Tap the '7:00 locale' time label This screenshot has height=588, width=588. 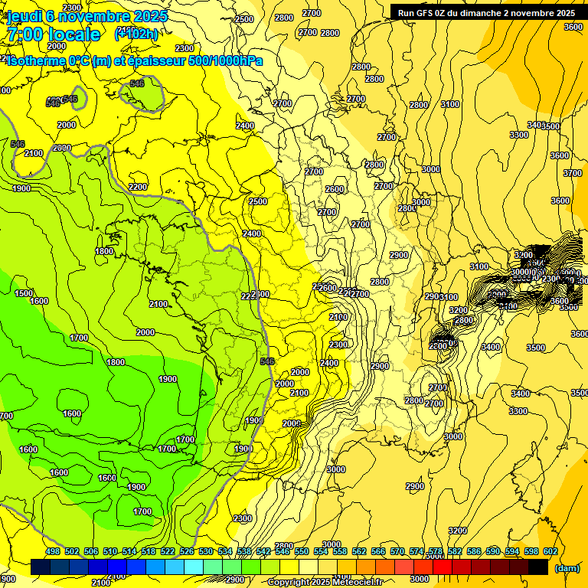51,34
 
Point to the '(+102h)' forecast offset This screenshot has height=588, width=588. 136,34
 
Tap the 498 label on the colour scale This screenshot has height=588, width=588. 53,552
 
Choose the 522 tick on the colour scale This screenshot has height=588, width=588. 167,552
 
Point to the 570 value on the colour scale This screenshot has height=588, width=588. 396,552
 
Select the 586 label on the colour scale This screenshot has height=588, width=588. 472,552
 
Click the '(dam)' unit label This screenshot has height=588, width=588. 567,567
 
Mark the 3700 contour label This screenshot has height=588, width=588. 573,173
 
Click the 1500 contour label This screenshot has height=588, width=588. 24,293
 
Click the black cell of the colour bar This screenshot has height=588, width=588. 537,567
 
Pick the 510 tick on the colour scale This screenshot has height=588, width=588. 110,552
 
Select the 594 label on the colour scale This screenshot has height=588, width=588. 510,552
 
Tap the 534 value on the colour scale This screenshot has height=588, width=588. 224,552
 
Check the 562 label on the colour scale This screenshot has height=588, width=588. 358,552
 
